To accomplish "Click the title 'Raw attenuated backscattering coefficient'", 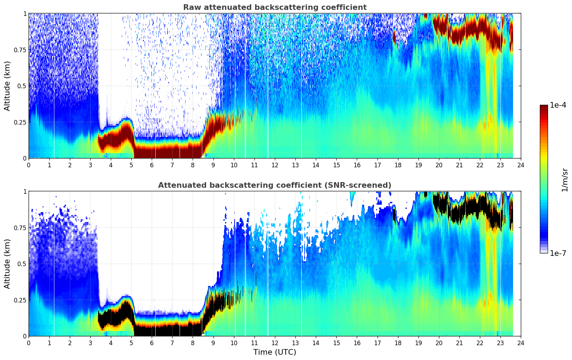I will tap(275, 7).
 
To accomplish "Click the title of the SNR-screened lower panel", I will tap(275, 185).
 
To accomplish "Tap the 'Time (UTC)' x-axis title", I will tap(275, 352).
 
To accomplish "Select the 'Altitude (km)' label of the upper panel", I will tap(7, 86).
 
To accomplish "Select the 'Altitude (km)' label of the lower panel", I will tap(7, 264).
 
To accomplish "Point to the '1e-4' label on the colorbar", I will tap(558, 105).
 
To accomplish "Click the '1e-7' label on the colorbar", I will tap(558, 253).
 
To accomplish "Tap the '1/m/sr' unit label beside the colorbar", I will tap(565, 180).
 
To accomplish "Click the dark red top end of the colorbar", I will tap(544, 107).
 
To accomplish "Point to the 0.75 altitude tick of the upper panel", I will tap(20, 50).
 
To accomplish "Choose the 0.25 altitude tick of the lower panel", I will tap(20, 300).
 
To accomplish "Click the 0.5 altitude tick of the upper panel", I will tap(22, 86).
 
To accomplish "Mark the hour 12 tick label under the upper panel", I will tap(275, 165).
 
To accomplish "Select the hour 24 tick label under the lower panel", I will tap(521, 343).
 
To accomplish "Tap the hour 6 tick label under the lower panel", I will tap(152, 343).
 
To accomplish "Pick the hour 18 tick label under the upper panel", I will tap(398, 165).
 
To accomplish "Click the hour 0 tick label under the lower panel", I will tap(29, 343).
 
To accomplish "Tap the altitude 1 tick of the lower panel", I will tap(25, 192).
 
